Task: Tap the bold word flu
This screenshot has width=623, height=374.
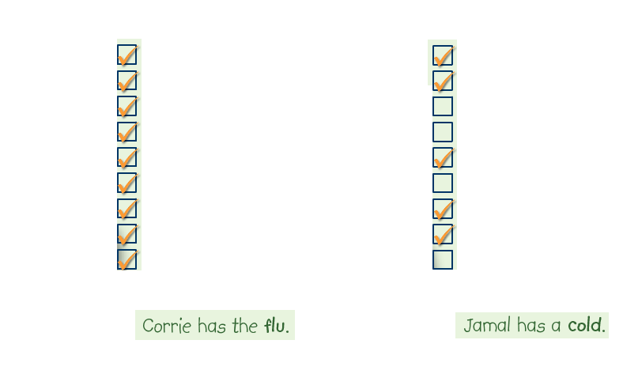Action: click(277, 326)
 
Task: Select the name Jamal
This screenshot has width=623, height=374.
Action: click(488, 325)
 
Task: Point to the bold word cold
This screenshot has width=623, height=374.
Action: click(587, 325)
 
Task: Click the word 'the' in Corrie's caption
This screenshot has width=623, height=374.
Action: click(245, 326)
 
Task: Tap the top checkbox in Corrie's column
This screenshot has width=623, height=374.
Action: click(127, 55)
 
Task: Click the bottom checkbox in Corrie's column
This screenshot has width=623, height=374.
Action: click(127, 259)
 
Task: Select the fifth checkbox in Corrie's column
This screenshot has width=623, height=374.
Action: click(127, 157)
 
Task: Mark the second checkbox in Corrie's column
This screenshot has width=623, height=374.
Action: click(127, 81)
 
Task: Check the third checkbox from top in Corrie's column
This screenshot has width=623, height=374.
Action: click(127, 106)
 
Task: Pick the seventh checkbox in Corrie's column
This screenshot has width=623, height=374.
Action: click(127, 208)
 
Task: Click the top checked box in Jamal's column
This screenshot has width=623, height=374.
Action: click(443, 55)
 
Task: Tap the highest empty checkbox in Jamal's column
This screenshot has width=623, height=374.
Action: click(443, 106)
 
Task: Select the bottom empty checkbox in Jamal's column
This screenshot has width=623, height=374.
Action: click(443, 259)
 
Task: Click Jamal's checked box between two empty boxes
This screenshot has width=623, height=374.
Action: click(443, 157)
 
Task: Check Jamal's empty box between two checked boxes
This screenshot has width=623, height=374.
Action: click(443, 183)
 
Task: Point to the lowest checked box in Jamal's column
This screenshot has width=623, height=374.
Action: click(443, 234)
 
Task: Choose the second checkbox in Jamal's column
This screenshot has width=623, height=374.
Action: click(443, 81)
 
